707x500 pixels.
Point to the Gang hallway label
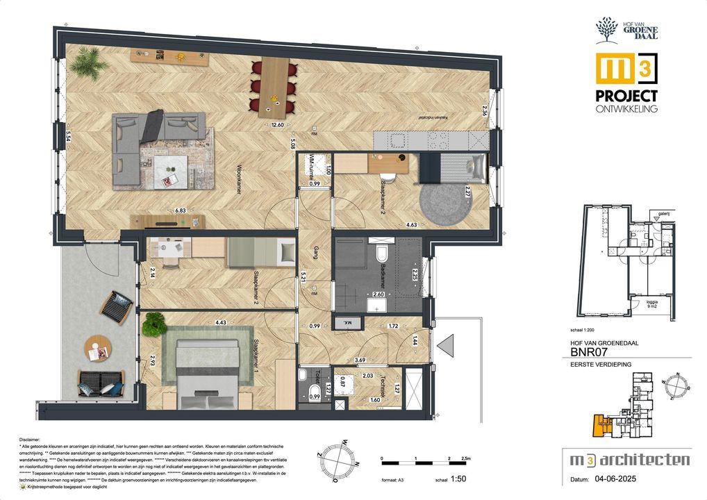pos(314,255)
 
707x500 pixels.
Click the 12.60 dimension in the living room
pos(278,125)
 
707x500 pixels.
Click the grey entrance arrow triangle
pos(444,345)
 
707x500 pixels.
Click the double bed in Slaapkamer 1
pos(206,371)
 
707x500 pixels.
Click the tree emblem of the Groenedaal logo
pos(606,30)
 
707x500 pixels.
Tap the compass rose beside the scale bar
pos(337,459)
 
